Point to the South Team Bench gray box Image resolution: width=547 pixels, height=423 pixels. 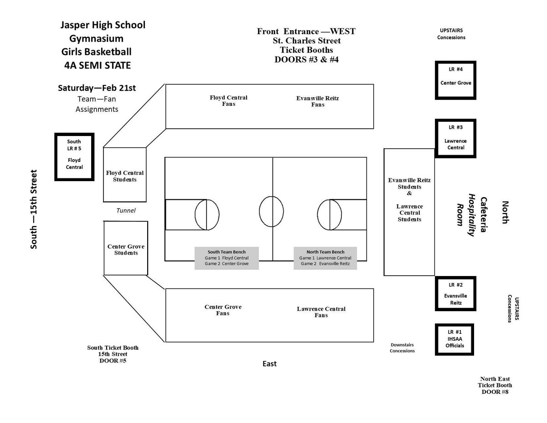pos(227,258)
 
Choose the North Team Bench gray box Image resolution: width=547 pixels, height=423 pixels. pos(325,258)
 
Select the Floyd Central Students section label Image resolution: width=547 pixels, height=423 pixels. pos(125,176)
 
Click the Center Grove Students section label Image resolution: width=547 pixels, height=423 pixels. pos(126,250)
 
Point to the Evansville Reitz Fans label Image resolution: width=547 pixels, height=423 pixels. pos(318,101)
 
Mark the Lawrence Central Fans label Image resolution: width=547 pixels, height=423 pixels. pos(321,312)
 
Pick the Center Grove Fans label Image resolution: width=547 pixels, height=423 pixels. pos(223,310)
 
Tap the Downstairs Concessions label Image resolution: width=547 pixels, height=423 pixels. pos(403,348)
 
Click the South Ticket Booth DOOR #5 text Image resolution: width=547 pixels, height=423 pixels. pos(113,354)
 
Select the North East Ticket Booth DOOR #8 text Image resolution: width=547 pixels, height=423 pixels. pos(495,386)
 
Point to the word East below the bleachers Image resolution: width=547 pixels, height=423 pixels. pos(269,364)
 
